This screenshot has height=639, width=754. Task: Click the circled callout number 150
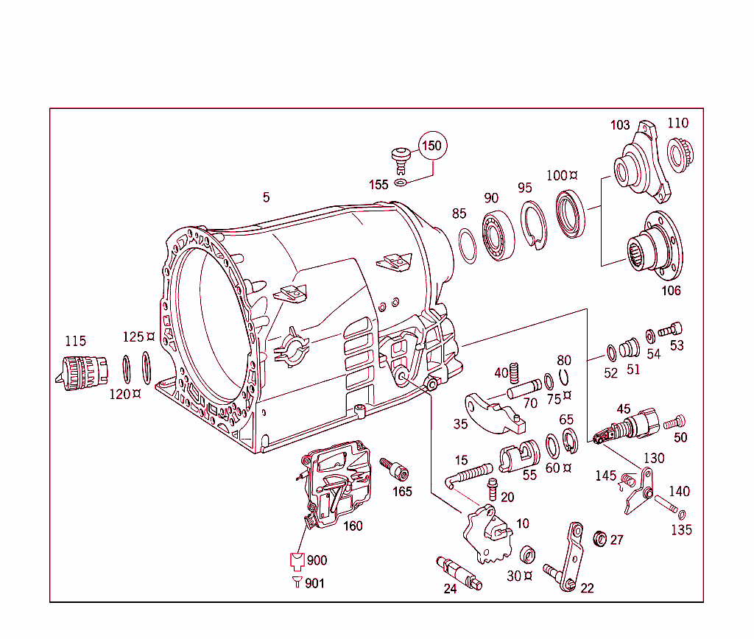(432, 146)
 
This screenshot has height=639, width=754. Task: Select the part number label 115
(75, 341)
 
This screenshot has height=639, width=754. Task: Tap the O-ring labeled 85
(466, 245)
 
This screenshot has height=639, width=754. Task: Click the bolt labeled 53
(671, 331)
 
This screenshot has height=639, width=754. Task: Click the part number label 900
(317, 560)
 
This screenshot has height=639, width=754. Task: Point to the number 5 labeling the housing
(266, 197)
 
